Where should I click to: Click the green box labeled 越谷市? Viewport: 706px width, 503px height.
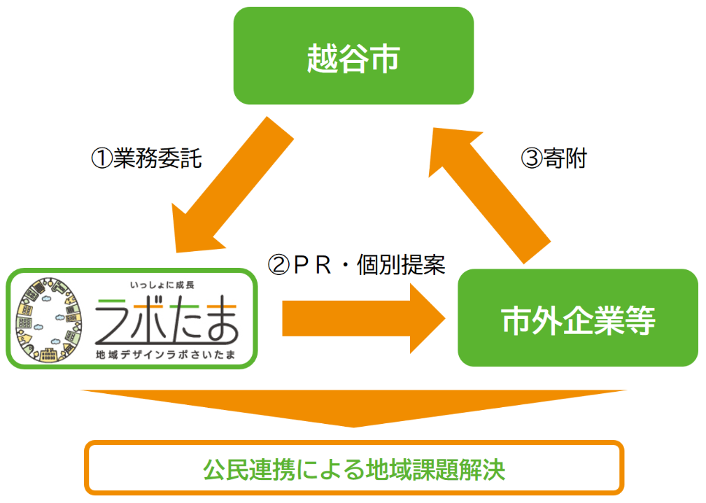coord(353,57)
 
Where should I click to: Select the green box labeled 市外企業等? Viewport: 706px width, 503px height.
coord(578,318)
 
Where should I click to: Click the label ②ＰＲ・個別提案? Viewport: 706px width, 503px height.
coord(357,264)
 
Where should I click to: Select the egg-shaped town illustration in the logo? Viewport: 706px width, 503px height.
coord(50,319)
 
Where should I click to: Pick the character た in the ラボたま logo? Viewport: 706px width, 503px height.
coord(183,320)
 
